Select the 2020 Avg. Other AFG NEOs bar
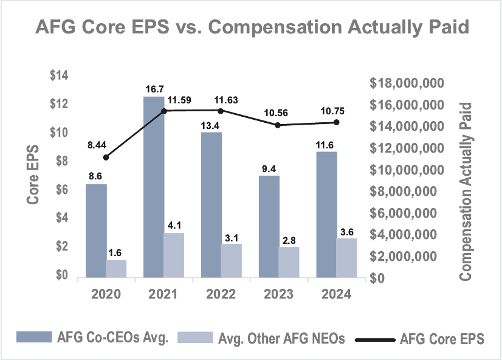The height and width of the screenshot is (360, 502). tap(116, 269)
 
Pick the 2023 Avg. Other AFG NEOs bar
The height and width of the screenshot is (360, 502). tap(289, 262)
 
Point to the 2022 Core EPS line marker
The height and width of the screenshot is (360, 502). tap(221, 111)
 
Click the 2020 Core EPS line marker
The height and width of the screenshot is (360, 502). tap(106, 157)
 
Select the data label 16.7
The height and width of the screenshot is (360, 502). tap(154, 89)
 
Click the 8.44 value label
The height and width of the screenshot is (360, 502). tap(97, 145)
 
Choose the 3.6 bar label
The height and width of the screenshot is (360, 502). tap(346, 231)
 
